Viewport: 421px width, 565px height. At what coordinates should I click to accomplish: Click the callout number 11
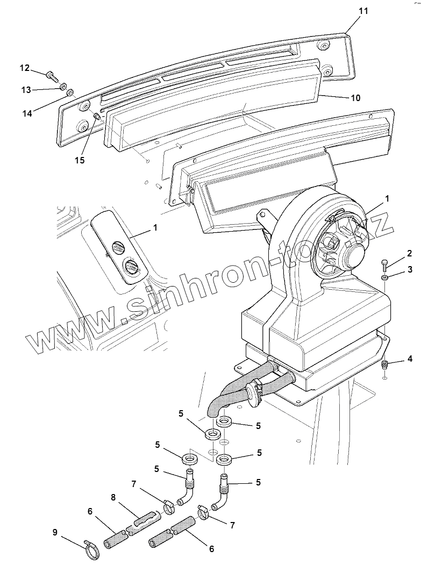tap(363, 11)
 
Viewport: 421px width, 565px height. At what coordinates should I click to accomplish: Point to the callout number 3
tap(409, 268)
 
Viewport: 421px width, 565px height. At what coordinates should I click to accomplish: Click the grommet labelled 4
tap(385, 365)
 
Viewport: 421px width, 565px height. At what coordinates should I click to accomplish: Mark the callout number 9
tap(55, 532)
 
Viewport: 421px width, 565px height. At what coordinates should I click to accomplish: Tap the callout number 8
tap(113, 498)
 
